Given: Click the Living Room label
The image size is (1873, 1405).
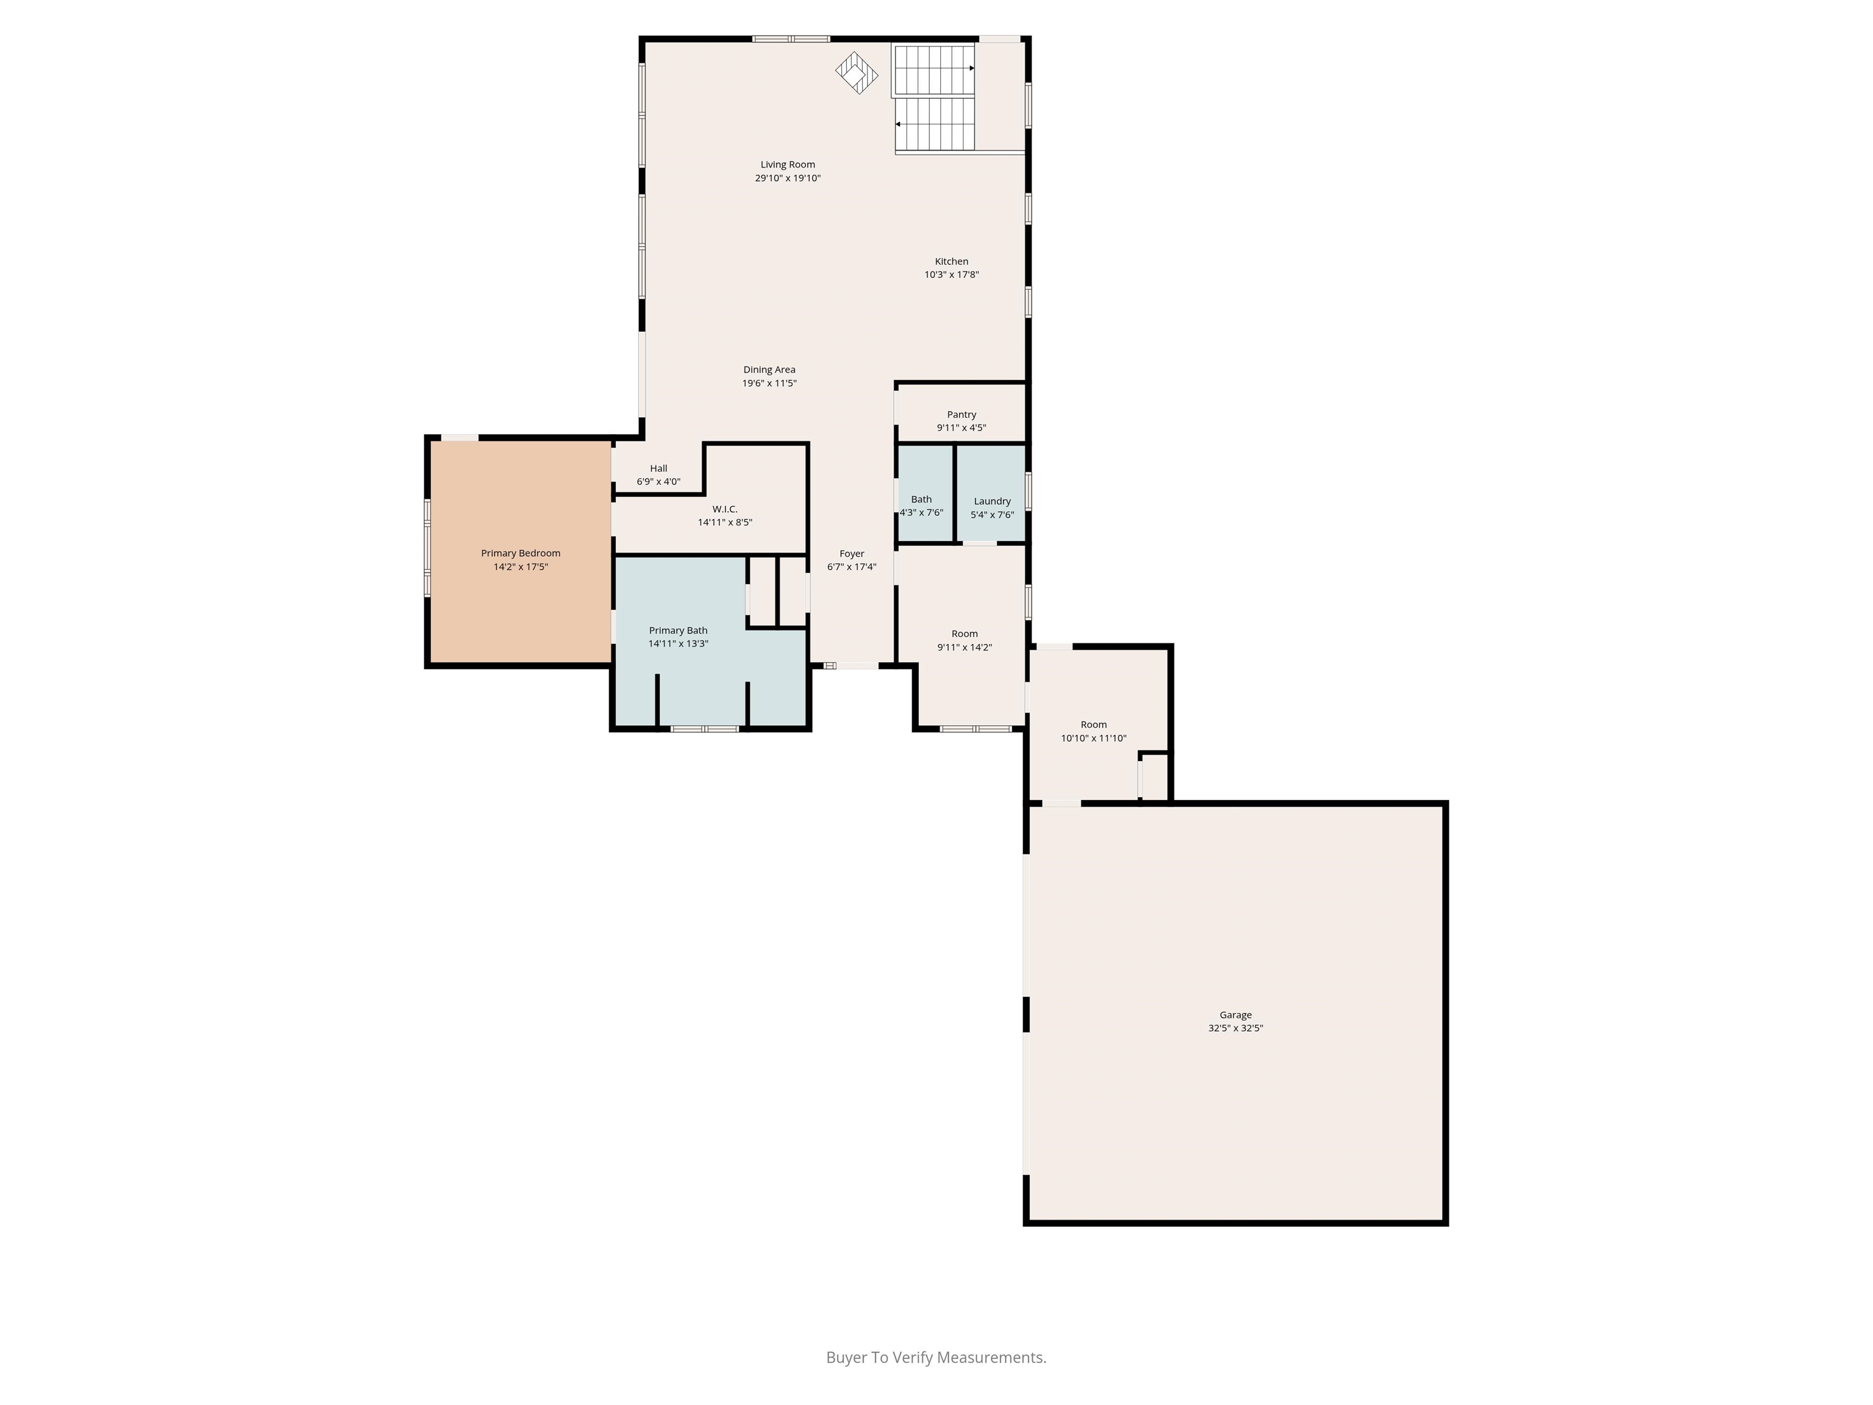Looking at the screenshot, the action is tap(788, 164).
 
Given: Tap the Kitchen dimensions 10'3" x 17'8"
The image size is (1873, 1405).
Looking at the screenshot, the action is tap(952, 274).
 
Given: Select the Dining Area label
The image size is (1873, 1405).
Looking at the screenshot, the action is tap(769, 370).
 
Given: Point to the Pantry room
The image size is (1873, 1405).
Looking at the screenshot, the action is tap(961, 412).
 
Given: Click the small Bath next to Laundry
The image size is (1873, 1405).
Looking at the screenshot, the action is tap(925, 493).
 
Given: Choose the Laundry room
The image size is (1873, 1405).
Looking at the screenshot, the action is tap(991, 493).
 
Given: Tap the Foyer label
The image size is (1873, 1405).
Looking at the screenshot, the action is tap(852, 554).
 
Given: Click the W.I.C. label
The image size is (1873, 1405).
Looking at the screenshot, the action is tap(725, 509).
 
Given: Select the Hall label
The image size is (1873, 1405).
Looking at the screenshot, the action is tap(658, 468).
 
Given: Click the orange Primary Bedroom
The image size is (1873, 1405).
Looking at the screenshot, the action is tap(521, 551).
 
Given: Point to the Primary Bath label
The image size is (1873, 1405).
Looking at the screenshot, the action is tap(678, 630).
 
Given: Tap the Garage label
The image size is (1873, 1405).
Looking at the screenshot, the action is tap(1235, 1015).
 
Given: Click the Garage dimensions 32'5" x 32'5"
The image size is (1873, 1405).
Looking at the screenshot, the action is tap(1235, 1028).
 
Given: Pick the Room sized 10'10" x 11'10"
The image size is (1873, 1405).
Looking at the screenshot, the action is tap(1093, 724).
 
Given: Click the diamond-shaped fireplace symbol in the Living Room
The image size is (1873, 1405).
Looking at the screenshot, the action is tap(857, 73).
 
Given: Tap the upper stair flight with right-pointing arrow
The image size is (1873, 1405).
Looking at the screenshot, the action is tap(935, 70).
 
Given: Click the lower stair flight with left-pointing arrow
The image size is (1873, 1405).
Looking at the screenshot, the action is tap(936, 124).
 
